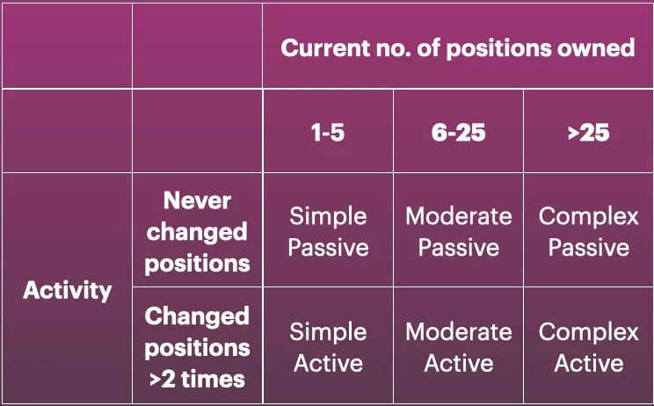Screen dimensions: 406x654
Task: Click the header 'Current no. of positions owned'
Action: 457,47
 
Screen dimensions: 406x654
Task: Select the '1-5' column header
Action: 327,134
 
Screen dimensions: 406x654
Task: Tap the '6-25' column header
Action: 458,134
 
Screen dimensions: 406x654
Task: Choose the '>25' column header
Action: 588,134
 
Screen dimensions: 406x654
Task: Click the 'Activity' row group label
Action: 67,290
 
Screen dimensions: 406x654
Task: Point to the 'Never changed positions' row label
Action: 197,232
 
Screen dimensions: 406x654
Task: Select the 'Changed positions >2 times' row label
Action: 197,347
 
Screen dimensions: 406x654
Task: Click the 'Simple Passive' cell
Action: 328,232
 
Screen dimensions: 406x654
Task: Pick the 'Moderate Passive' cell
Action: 458,232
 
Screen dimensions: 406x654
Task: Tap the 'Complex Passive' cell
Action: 588,232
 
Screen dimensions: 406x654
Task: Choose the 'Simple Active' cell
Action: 328,347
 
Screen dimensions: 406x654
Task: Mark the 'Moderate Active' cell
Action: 458,347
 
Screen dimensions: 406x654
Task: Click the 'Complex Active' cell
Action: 588,347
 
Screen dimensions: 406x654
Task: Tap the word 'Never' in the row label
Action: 197,201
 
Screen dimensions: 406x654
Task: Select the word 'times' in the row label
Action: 213,380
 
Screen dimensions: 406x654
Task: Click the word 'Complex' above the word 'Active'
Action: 588,332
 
